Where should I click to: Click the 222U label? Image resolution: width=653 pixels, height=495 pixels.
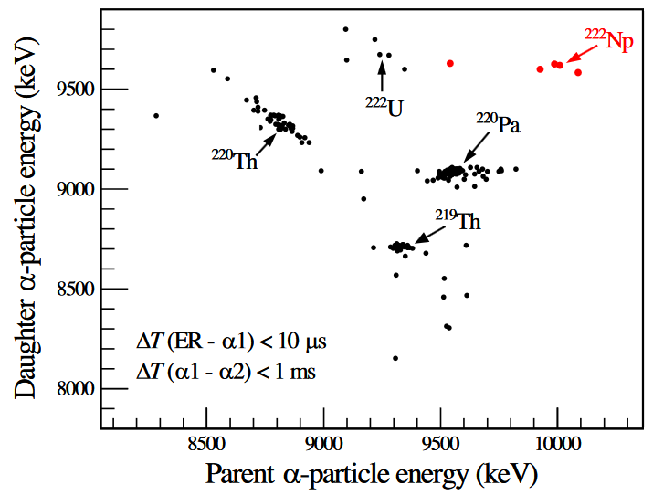[x=385, y=106]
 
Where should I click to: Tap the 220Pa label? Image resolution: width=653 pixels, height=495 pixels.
[x=498, y=123]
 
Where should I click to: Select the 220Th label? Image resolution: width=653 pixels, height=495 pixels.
[x=235, y=161]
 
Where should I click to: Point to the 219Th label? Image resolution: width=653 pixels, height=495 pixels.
[x=458, y=220]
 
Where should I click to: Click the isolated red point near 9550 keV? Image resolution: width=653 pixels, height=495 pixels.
[x=450, y=63]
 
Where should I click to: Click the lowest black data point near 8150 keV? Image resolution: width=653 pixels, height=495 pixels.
[x=395, y=358]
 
